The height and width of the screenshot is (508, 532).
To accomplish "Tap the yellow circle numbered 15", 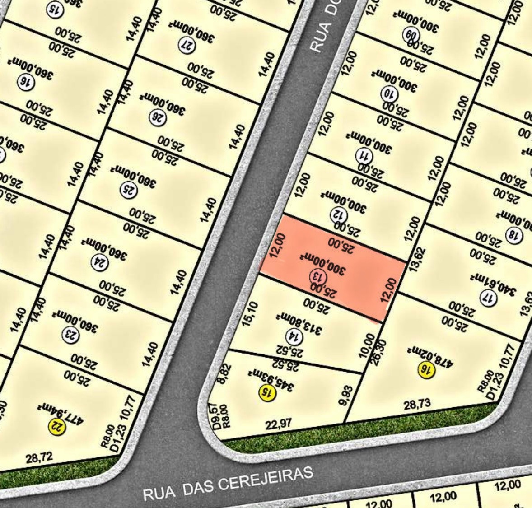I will pyautogui.click(x=267, y=391).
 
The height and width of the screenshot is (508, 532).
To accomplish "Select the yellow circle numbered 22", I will pyautogui.click(x=57, y=426).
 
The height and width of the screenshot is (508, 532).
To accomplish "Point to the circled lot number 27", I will pyautogui.click(x=185, y=46).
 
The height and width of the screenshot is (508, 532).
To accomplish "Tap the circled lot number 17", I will pyautogui.click(x=488, y=298).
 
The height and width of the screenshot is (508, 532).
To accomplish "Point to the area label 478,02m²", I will pyautogui.click(x=430, y=356).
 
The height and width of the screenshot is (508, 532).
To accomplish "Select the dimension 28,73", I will pyautogui.click(x=417, y=404).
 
